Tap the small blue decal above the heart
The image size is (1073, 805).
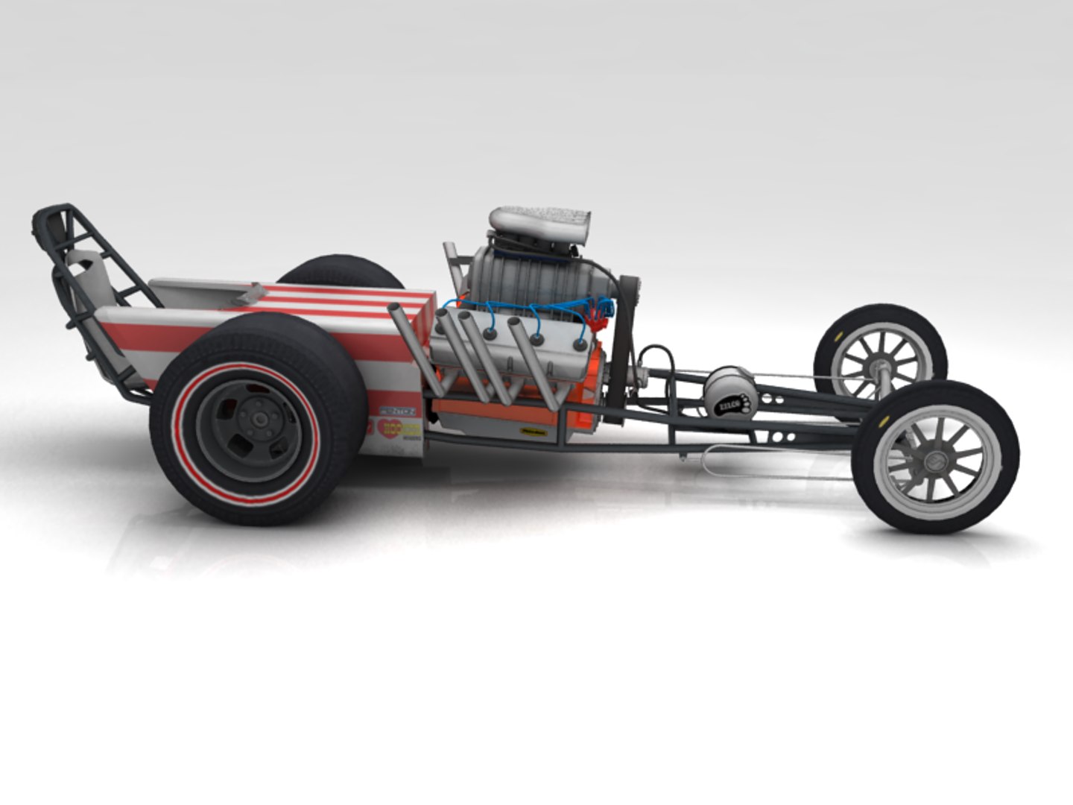(x=397, y=411)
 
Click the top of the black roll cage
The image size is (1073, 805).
(x=56, y=212)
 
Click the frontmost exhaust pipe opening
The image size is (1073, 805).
(x=514, y=323)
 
